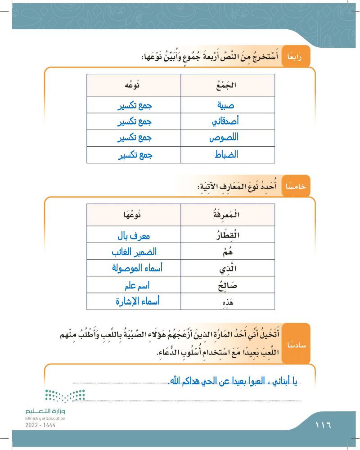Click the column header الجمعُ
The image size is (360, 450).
pyautogui.click(x=228, y=85)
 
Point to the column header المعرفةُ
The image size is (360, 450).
pyautogui.click(x=228, y=215)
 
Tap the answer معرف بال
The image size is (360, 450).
pyautogui.click(x=133, y=234)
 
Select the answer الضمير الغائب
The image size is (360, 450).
pyautogui.click(x=133, y=251)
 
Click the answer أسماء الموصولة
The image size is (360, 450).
pyautogui.click(x=133, y=268)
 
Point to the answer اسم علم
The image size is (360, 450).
pyautogui.click(x=133, y=285)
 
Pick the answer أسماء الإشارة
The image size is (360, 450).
pyautogui.click(x=133, y=301)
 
